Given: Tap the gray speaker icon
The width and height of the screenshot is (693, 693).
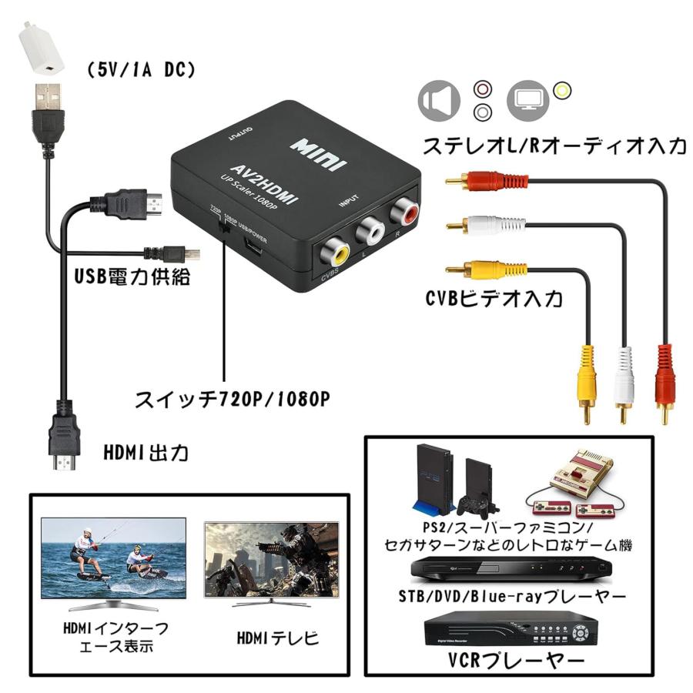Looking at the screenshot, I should pos(438,102).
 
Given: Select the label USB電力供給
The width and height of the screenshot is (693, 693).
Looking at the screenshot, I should pos(132,276).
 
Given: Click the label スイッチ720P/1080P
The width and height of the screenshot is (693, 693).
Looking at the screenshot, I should pos(232,400).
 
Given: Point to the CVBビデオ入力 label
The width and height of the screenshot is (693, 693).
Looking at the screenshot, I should pos(494,297).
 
